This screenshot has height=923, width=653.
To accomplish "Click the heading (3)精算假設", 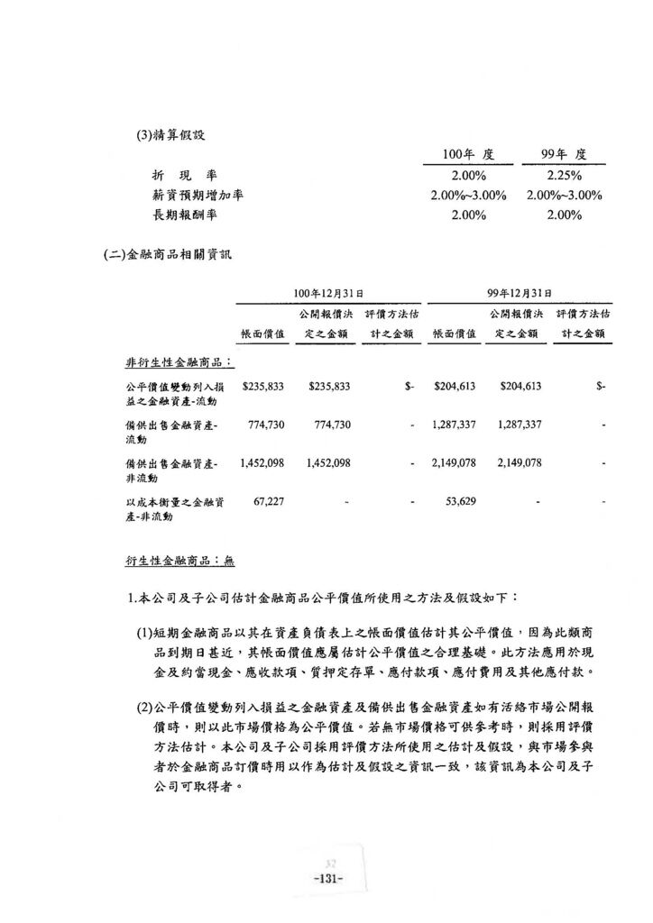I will pos(170,135).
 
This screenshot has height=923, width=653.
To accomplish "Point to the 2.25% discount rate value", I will pos(565,175).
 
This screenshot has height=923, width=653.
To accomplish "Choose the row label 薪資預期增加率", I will pos(198,195).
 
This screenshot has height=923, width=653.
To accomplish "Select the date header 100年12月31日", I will pos(328,293).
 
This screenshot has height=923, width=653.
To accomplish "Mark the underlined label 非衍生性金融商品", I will pos(179,362).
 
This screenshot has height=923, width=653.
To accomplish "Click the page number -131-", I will pos(326,878).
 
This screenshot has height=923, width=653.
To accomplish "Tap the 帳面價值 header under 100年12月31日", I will pos(263,334).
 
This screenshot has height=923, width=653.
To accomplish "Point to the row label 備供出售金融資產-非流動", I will pos(170,470).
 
